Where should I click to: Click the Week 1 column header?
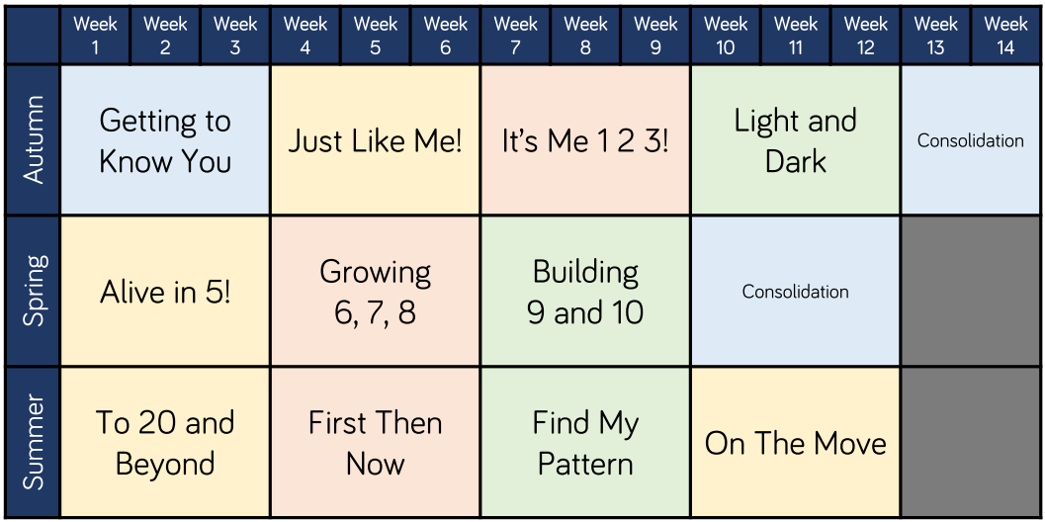[x=95, y=36]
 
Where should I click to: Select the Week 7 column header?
[x=516, y=36]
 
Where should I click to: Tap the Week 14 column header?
[x=1005, y=36]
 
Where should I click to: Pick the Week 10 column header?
[x=726, y=36]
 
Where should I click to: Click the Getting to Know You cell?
[x=165, y=140]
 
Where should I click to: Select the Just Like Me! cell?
[x=376, y=140]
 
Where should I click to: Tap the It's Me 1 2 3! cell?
[x=585, y=140]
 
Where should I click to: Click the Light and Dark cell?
[x=796, y=140]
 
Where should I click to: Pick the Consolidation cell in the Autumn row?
[x=971, y=140]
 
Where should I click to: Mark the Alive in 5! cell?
[x=165, y=291]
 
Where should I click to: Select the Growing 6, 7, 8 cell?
[x=376, y=291]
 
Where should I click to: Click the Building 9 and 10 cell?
[x=585, y=291]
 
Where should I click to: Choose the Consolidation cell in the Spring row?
[x=796, y=291]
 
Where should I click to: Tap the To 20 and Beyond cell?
[x=165, y=441]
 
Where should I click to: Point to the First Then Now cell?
[x=376, y=441]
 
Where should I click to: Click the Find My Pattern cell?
[x=585, y=441]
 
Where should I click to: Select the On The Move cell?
[x=796, y=441]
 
